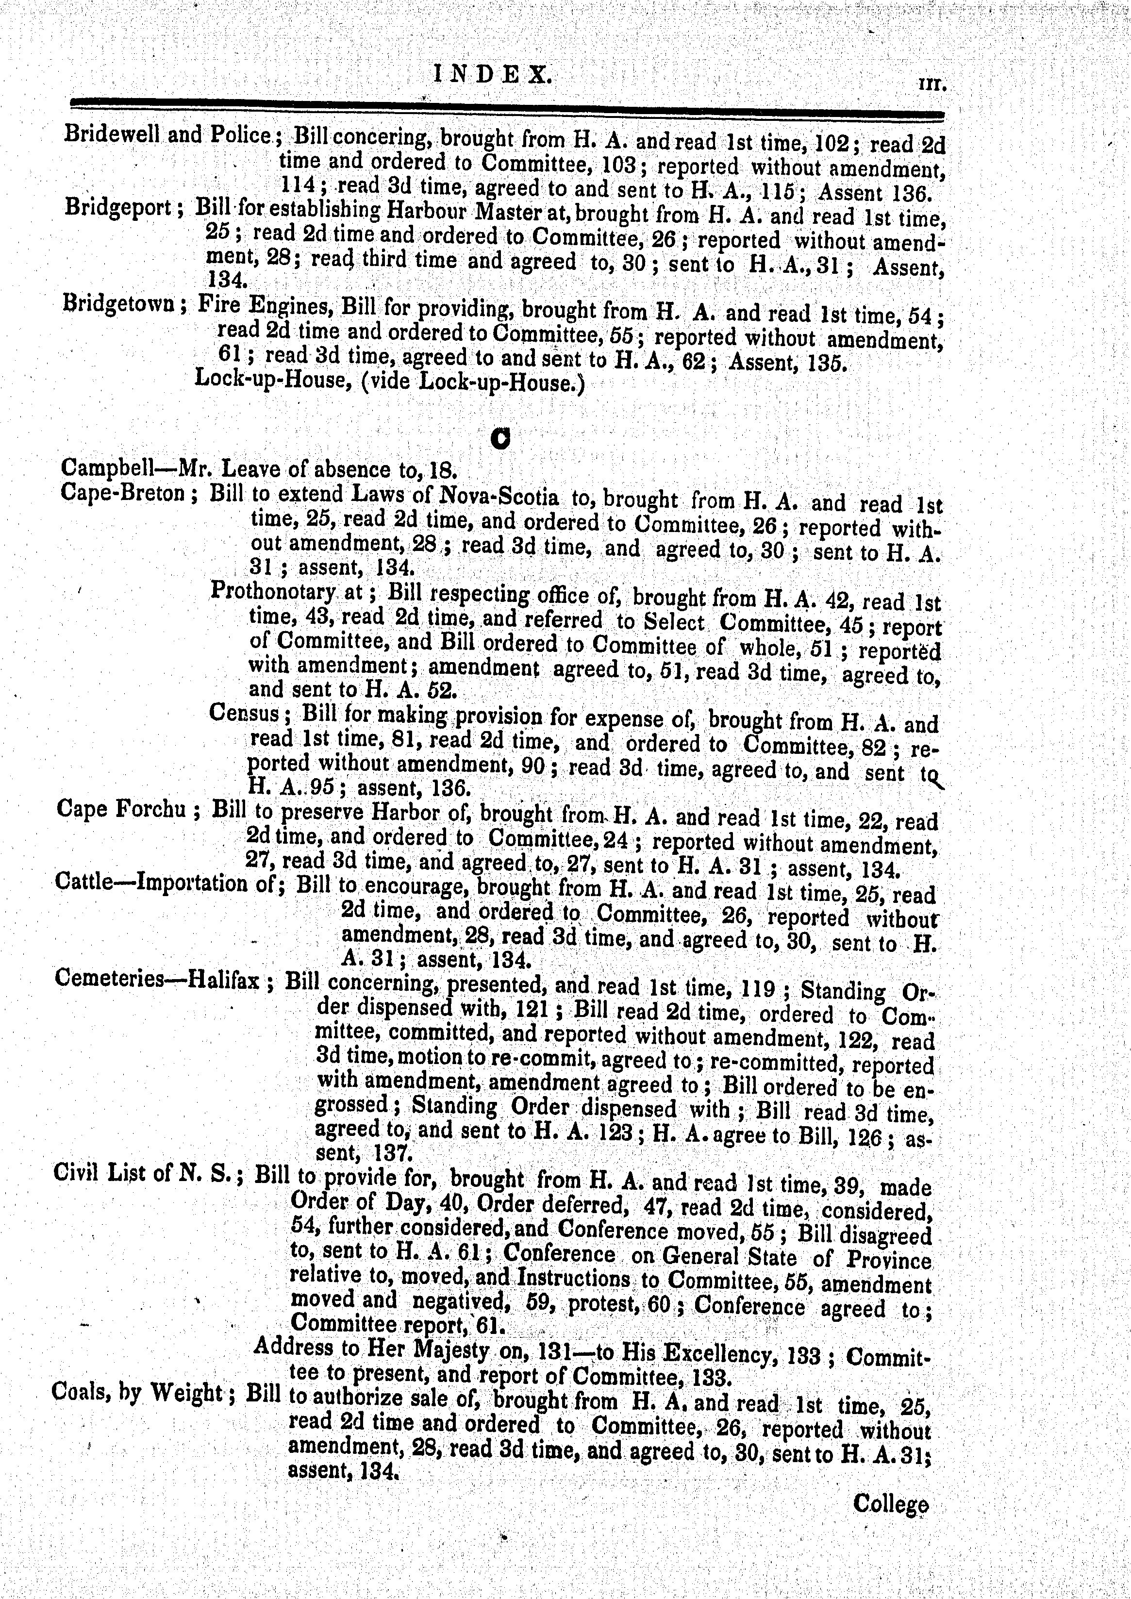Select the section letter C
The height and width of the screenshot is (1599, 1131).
pyautogui.click(x=500, y=437)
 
